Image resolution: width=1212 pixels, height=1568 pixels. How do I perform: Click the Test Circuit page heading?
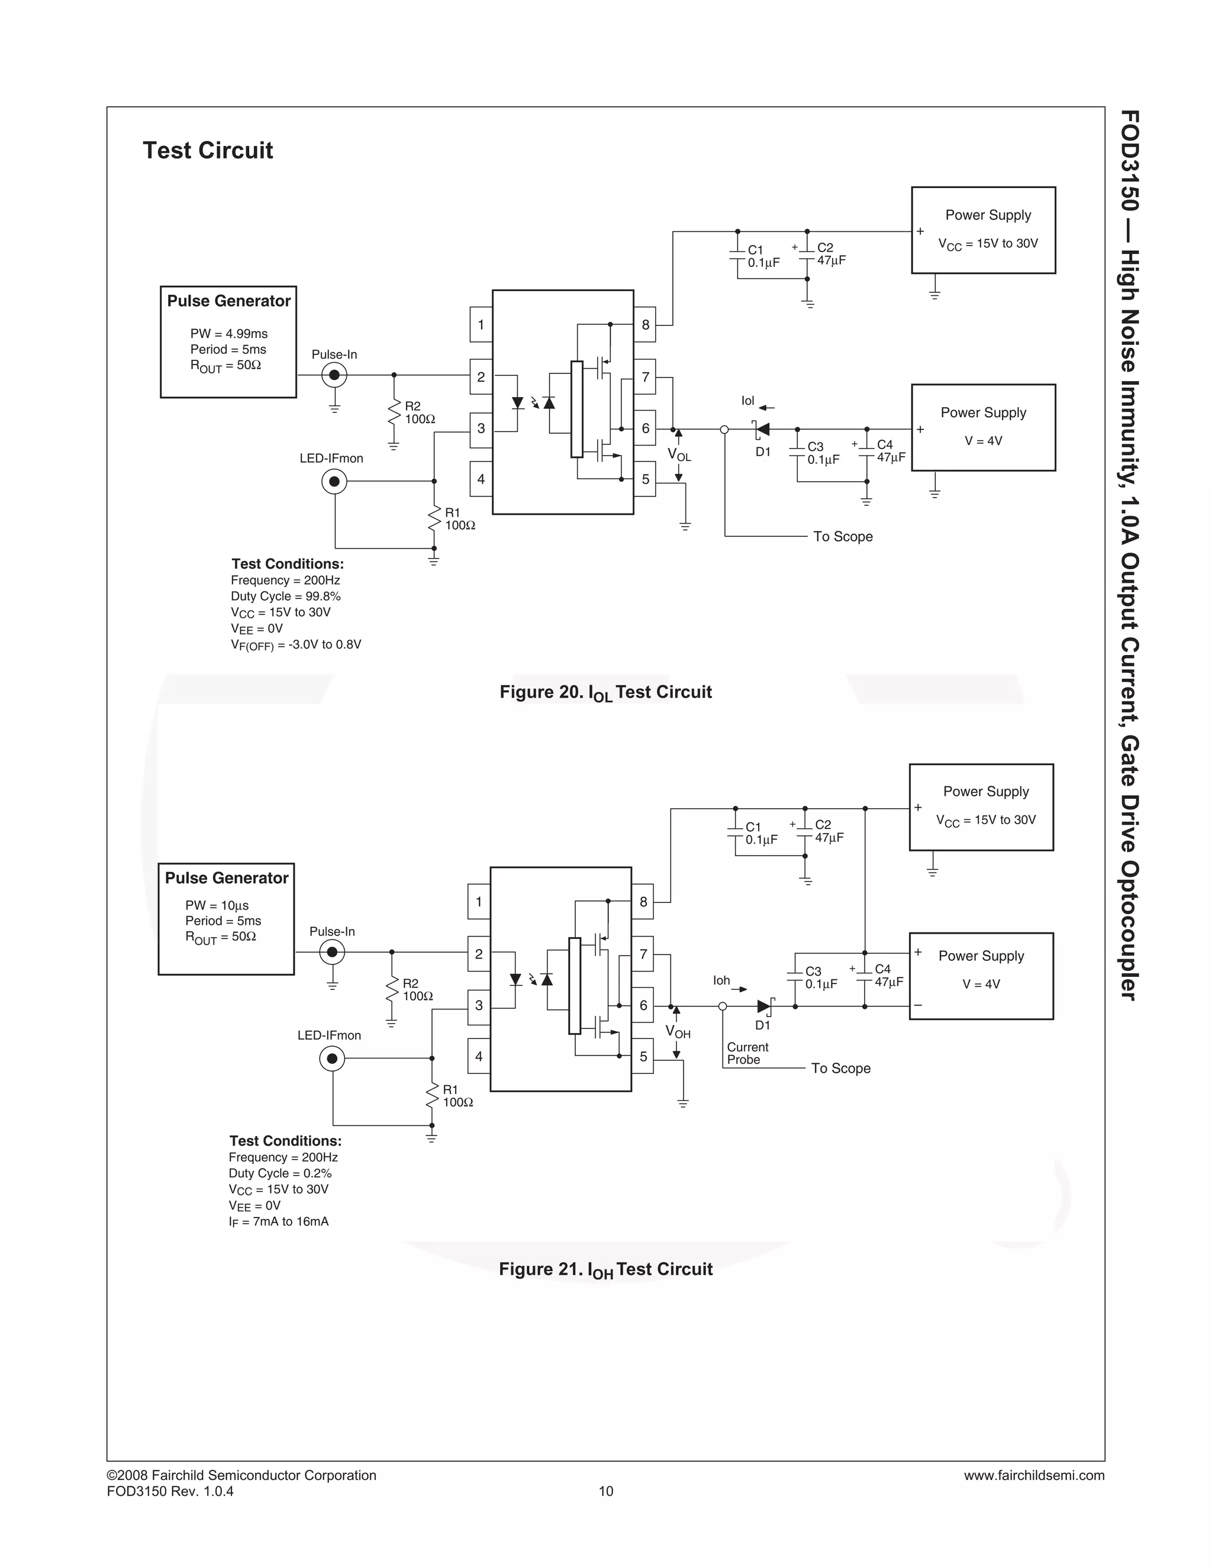(x=208, y=151)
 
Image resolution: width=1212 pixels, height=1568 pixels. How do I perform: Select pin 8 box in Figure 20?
(x=645, y=324)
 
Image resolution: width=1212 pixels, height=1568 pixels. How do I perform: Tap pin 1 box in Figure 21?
(x=479, y=902)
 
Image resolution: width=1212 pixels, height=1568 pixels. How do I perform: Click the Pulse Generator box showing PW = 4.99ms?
(x=228, y=342)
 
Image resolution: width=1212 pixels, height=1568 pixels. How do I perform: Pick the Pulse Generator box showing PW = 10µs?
(x=226, y=919)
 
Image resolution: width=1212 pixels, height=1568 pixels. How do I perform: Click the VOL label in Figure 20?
(x=679, y=455)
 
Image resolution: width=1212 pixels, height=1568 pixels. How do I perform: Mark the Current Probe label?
(x=747, y=1053)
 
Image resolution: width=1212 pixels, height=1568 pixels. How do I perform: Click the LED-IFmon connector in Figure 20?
(x=334, y=481)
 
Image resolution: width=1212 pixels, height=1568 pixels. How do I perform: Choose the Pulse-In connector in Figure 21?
(x=332, y=953)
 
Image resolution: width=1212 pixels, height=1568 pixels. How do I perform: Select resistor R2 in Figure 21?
(x=391, y=990)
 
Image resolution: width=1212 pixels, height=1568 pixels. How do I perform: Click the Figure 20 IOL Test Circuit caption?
(x=605, y=693)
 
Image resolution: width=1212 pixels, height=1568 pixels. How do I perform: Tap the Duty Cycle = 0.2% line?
(x=280, y=1173)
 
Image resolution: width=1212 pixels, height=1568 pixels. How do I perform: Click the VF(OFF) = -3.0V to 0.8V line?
(x=296, y=645)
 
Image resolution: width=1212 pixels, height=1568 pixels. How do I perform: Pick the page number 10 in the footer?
(x=606, y=1491)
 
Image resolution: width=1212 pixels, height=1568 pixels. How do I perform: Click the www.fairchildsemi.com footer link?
(x=1034, y=1475)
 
